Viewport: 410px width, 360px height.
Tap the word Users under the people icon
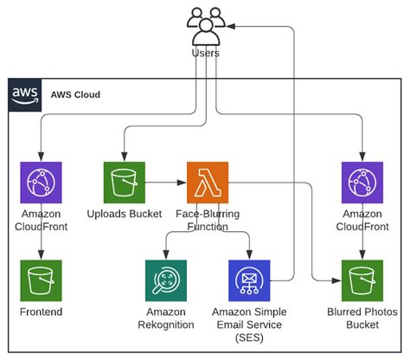click(205, 54)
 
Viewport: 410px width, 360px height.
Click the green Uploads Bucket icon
click(124, 183)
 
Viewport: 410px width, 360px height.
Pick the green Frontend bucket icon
click(41, 280)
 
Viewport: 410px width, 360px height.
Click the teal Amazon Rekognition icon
click(165, 280)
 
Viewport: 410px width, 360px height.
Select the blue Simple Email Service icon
click(250, 280)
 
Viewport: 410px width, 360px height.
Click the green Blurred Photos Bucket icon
click(362, 280)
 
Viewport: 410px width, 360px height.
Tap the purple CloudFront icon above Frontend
click(41, 183)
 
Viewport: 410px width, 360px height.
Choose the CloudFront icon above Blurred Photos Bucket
click(362, 183)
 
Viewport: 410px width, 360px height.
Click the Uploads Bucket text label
click(124, 214)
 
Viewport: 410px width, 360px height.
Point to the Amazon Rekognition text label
click(165, 317)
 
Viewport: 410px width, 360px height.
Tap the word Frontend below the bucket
click(41, 311)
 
